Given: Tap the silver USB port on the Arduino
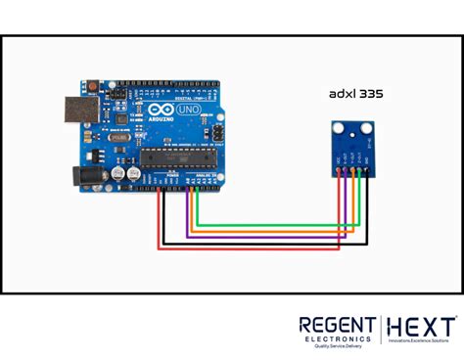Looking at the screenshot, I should pos(79,113).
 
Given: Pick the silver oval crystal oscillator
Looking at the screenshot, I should pos(117,140).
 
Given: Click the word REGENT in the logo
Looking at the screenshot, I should pos(335,325).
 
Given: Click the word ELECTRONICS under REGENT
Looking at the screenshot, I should pos(336,337).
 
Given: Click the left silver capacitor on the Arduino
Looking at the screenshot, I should pos(118,171).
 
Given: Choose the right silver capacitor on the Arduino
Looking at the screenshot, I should pos(131,171).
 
